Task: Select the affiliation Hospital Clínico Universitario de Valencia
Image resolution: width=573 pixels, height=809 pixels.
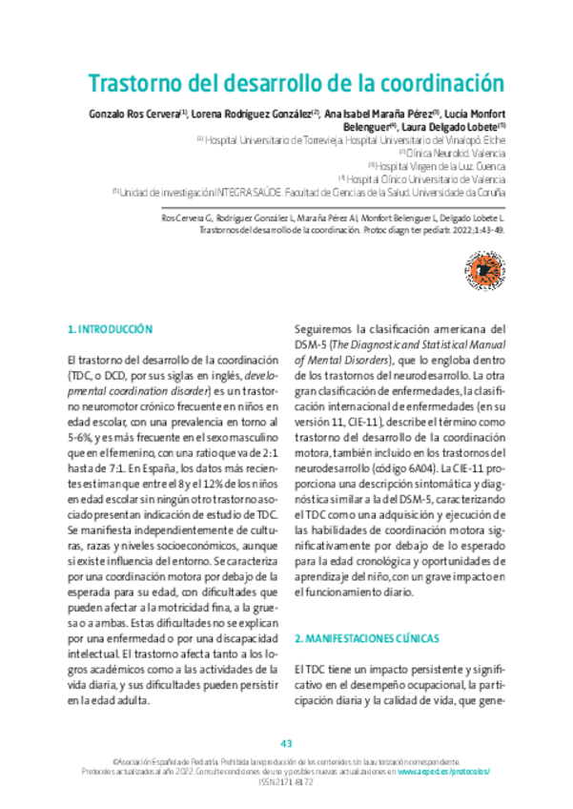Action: pyautogui.click(x=426, y=177)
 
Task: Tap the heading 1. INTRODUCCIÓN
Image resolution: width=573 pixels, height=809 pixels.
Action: pyautogui.click(x=110, y=329)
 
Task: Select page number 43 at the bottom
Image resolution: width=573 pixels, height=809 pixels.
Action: pyautogui.click(x=286, y=743)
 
